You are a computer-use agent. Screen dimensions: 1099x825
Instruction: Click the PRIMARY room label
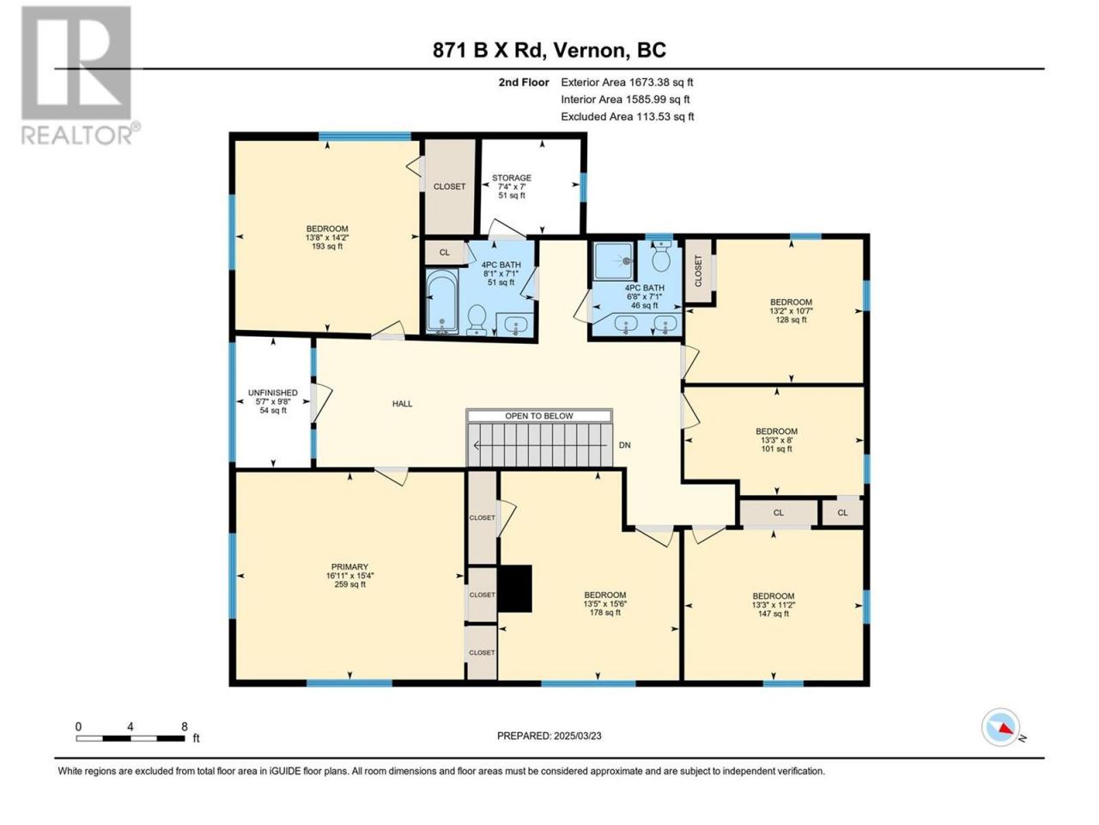point(349,567)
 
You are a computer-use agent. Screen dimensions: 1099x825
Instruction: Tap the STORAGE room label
point(511,178)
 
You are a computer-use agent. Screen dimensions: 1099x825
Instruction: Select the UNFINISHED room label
point(273,393)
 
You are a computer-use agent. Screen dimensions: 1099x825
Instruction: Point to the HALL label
point(402,404)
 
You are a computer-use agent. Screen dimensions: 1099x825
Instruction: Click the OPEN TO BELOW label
point(538,416)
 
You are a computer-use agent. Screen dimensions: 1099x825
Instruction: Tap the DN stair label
point(624,445)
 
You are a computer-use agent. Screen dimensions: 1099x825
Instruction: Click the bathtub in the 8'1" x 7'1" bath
point(441,302)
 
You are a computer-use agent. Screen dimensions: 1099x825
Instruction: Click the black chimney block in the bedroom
point(514,589)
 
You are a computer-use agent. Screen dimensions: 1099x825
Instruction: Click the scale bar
point(131,738)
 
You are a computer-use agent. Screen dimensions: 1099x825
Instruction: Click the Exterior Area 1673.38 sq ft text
point(627,82)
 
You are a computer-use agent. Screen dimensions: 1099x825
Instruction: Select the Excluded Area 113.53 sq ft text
point(628,117)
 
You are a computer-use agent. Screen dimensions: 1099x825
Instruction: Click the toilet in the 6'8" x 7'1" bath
point(662,256)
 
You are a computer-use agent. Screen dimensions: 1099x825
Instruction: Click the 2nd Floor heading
point(524,82)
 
